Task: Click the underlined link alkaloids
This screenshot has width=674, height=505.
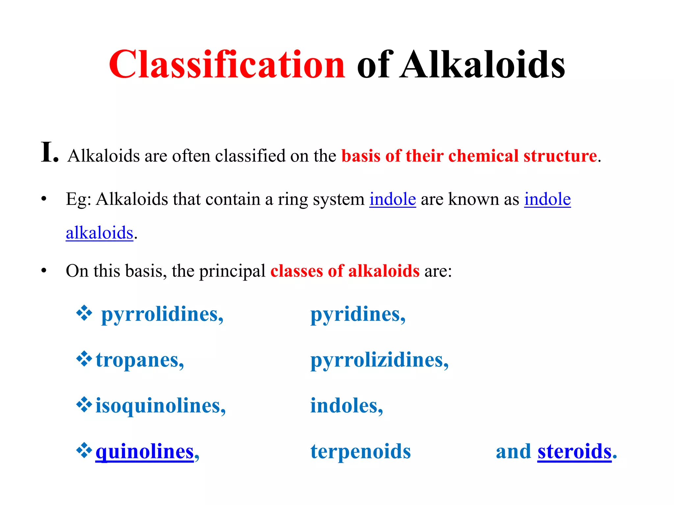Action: click(99, 233)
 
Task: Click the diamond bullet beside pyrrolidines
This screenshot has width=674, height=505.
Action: click(84, 313)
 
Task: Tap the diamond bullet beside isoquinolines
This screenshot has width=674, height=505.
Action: click(84, 404)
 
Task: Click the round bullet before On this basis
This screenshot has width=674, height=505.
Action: click(44, 271)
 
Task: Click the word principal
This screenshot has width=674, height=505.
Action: click(232, 272)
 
